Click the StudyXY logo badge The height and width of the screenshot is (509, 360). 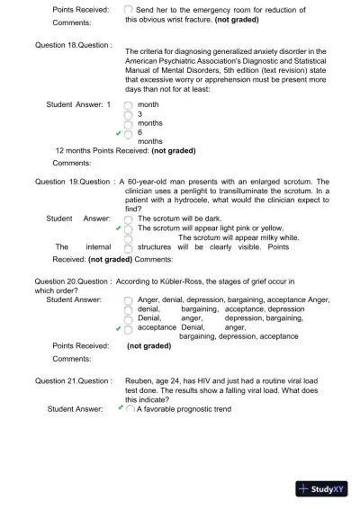point(326,489)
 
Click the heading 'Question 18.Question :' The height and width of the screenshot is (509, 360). point(74,44)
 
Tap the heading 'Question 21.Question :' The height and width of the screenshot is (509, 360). point(74,381)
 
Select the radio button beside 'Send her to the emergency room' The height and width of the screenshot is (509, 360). point(128,8)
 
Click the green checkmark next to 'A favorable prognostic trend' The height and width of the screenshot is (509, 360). point(121,408)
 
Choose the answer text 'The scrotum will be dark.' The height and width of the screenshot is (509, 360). point(178,219)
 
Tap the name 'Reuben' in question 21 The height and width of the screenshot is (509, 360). point(141,381)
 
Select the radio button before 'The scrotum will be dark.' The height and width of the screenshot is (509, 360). point(128,219)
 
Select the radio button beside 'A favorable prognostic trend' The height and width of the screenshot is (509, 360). point(130,409)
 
